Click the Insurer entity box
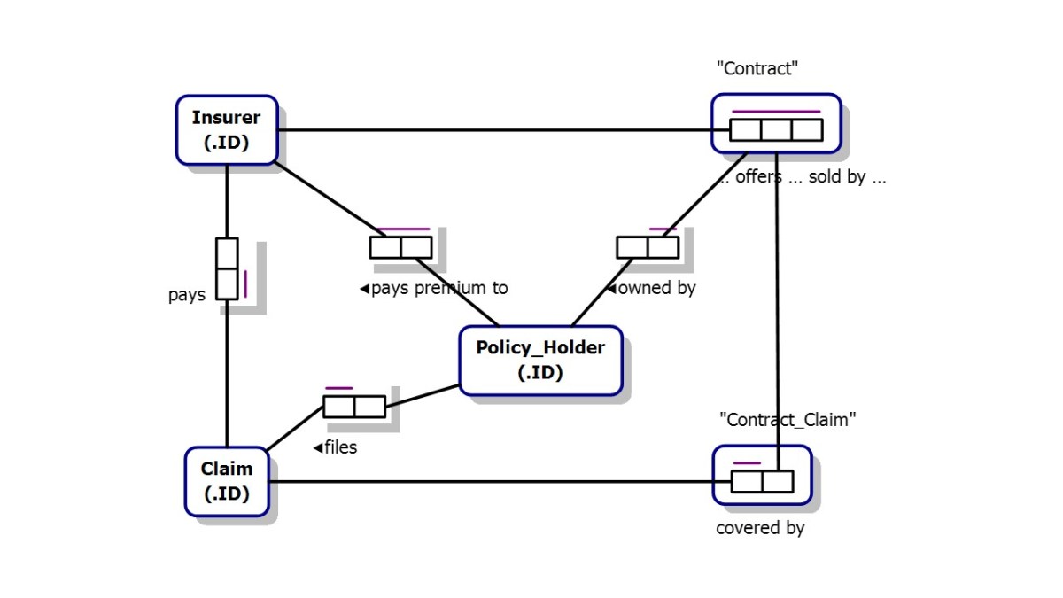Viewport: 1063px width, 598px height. [227, 129]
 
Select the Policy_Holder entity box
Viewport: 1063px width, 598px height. [540, 360]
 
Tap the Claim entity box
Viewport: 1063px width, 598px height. [227, 481]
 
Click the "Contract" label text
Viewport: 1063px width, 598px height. [757, 69]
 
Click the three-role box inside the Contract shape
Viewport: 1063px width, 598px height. [776, 130]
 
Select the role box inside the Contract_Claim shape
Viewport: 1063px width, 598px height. [762, 481]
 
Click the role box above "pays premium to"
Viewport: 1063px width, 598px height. [400, 247]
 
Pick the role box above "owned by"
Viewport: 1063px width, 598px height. [648, 247]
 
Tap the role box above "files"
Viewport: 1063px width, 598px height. [354, 407]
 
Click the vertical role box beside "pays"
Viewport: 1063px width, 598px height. [228, 268]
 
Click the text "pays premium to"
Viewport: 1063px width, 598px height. [434, 288]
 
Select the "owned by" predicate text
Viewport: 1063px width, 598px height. [651, 288]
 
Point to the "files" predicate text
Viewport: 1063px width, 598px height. [336, 447]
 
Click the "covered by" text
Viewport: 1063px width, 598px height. [760, 528]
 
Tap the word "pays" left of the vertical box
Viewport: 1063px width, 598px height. [187, 295]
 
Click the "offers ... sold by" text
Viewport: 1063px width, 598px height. [802, 177]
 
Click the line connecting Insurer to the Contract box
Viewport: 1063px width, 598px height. [496, 130]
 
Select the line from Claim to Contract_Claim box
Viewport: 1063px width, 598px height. [496, 482]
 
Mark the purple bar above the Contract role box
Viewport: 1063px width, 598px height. [776, 112]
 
